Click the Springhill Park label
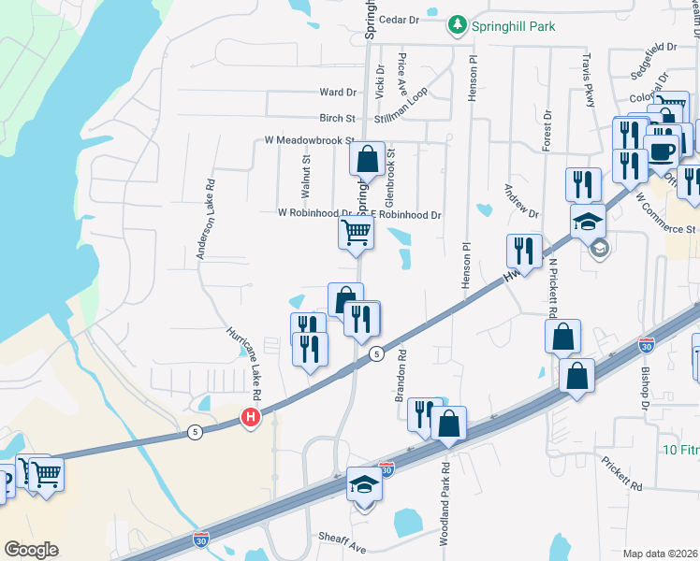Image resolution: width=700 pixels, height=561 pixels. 514,26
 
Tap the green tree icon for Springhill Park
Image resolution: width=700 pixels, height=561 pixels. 458,24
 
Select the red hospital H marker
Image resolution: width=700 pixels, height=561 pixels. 250,419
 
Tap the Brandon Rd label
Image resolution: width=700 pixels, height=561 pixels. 401,376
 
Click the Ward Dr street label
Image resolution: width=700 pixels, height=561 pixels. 338,93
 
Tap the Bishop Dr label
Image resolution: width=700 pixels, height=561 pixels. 645,389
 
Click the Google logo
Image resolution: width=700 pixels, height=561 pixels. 31,550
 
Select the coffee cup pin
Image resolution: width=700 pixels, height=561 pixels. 663,153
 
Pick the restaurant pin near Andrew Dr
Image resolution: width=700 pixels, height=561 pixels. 523,251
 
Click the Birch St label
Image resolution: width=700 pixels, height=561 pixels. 338,119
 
